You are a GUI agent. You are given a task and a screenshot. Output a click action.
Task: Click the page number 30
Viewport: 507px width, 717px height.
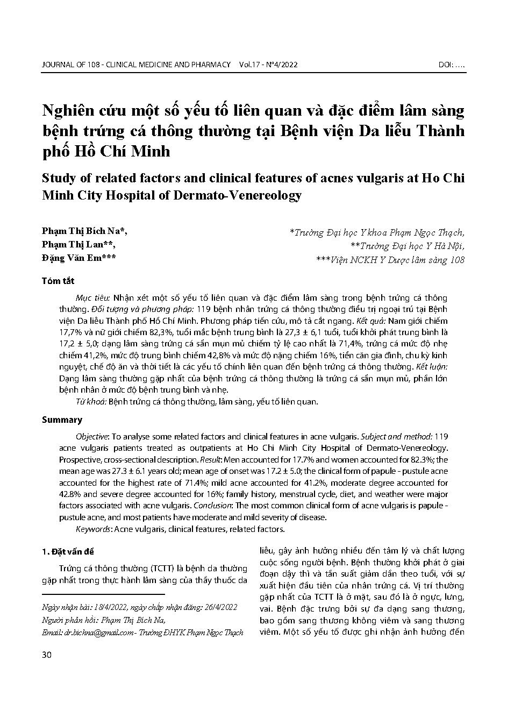[46, 654]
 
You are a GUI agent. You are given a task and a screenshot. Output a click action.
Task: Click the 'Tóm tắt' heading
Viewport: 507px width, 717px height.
[58, 281]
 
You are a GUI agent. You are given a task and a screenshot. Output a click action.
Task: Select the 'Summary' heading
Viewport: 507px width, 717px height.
[62, 420]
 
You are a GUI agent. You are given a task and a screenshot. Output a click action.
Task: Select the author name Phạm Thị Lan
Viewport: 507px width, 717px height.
[75, 245]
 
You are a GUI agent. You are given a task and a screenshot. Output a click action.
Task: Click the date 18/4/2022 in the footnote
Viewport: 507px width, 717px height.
[108, 607]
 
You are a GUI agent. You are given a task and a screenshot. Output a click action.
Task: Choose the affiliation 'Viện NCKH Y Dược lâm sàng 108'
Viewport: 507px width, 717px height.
[396, 259]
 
